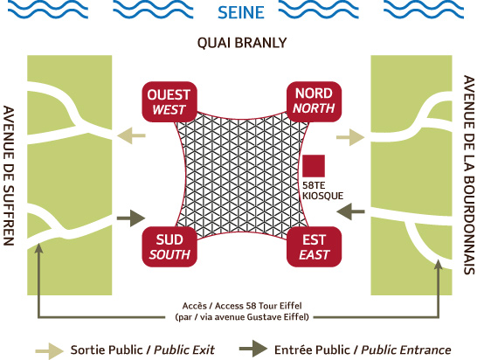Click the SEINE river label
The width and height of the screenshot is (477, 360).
coord(241,12)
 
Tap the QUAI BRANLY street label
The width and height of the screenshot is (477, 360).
coord(242,43)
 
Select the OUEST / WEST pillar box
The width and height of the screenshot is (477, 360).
coord(169,102)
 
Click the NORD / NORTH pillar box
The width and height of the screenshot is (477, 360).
coord(315,101)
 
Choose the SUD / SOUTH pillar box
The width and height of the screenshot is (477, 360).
coord(169,246)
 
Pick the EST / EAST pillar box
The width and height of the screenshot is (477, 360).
coord(315,246)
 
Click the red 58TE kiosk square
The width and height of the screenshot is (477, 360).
coord(314,166)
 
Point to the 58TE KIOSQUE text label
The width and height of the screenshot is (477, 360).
coord(322,190)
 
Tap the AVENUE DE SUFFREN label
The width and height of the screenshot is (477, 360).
coord(9,176)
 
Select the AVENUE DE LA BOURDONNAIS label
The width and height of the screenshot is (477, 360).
coord(469,175)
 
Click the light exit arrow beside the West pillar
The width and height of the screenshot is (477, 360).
coord(131,135)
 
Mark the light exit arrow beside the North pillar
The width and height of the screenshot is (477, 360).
coord(350,137)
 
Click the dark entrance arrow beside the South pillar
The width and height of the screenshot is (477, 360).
coord(131,218)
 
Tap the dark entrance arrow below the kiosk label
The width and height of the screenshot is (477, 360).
coord(350,211)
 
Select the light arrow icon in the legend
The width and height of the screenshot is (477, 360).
coord(49,351)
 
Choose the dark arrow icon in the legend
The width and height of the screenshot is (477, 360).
coord(253,349)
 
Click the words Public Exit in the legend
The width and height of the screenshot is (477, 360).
coord(184,350)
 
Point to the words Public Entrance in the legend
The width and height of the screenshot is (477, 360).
coord(406,350)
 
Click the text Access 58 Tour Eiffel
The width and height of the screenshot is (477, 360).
coord(259,306)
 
